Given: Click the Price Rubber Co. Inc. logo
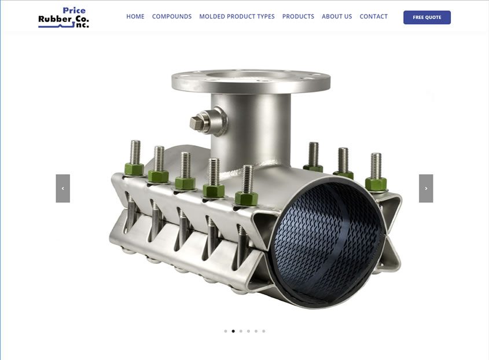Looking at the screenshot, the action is click(64, 17).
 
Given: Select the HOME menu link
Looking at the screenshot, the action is click(135, 17).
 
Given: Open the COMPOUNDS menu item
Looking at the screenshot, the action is click(172, 17).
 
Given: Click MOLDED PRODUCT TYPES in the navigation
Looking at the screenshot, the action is click(237, 17).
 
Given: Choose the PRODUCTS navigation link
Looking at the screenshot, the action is click(298, 17).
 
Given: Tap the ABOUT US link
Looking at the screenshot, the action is click(337, 17).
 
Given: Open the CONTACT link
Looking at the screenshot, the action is click(374, 17).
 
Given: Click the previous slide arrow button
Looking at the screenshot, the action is click(62, 189).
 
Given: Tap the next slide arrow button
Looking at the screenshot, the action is click(426, 189).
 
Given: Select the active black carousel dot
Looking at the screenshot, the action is click(233, 331).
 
